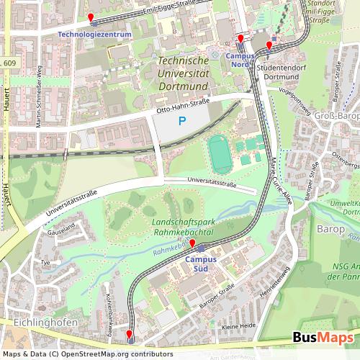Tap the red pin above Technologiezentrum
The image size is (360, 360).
(x=90, y=17)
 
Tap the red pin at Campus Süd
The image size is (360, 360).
(x=192, y=243)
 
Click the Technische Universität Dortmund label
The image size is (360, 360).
(x=182, y=74)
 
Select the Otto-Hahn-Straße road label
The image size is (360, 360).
(x=183, y=106)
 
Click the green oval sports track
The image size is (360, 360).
(x=220, y=153)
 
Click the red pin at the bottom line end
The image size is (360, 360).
(x=129, y=334)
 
